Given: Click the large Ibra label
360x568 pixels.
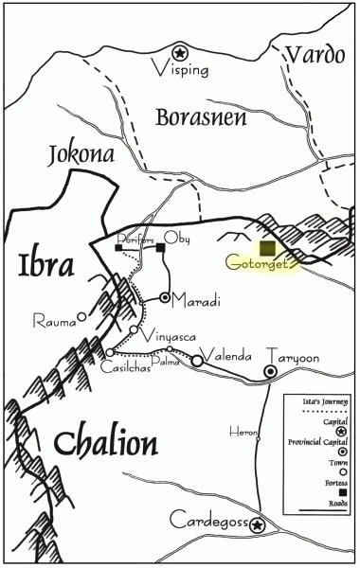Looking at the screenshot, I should tap(45, 266).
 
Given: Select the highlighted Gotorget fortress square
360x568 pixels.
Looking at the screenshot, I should tap(268, 247).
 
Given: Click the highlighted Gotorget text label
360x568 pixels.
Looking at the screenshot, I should tap(261, 264).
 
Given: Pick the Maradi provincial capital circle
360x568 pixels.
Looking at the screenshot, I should tap(165, 298).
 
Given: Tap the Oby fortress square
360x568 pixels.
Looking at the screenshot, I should tap(161, 249).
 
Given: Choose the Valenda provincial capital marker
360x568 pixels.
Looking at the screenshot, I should tap(197, 361).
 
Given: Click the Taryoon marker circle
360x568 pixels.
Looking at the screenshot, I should tap(271, 358).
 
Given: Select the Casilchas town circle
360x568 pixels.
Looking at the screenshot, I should tap(110, 352).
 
